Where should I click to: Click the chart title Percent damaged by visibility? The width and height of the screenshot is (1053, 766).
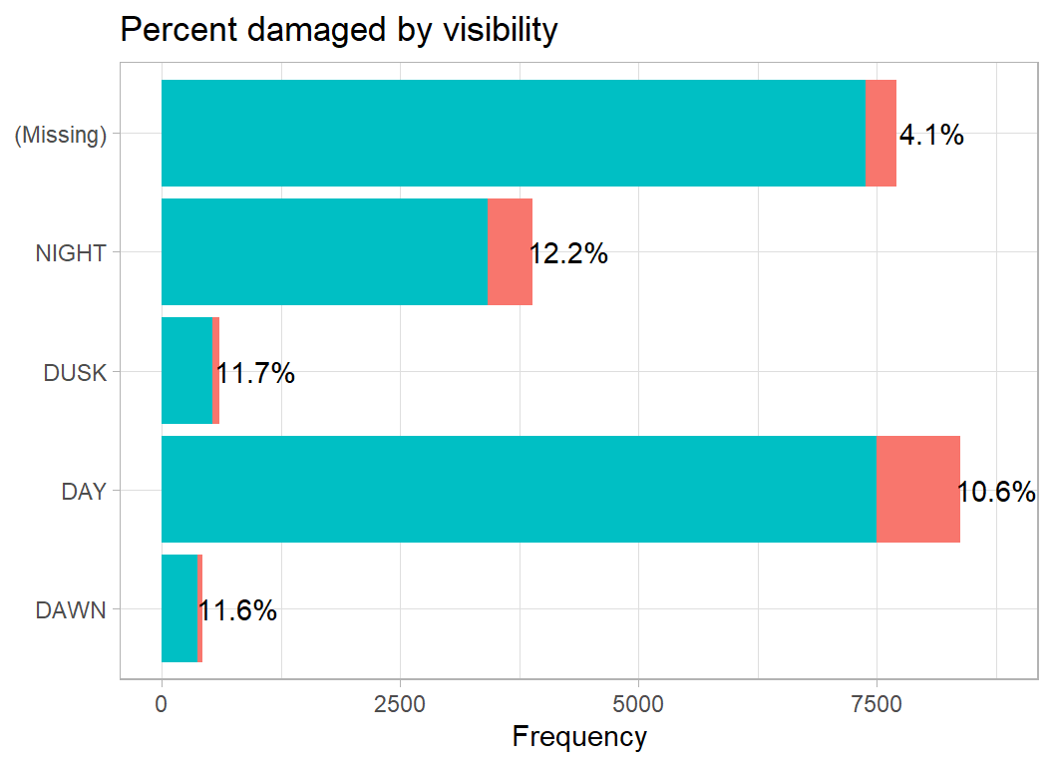338,30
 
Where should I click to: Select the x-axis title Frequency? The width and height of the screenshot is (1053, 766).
578,737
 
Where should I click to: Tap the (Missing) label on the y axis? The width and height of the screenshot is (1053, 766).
60,135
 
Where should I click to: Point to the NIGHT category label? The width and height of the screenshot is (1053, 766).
70,253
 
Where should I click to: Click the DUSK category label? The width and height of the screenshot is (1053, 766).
74,372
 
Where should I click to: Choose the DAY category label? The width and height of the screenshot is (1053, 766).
84,491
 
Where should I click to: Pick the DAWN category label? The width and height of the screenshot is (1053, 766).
70,609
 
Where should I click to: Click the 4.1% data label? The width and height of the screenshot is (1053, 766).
931,135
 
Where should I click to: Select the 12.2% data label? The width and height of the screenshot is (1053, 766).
568,253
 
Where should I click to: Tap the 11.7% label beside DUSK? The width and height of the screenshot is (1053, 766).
255,373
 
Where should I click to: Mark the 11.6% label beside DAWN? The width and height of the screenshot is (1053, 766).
237,610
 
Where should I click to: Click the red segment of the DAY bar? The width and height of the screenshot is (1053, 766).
917,489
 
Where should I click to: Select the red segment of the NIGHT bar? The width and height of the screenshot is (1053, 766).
510,251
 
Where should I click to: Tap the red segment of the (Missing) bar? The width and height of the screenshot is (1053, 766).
880,133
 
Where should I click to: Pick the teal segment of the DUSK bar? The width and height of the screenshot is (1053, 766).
186,370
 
